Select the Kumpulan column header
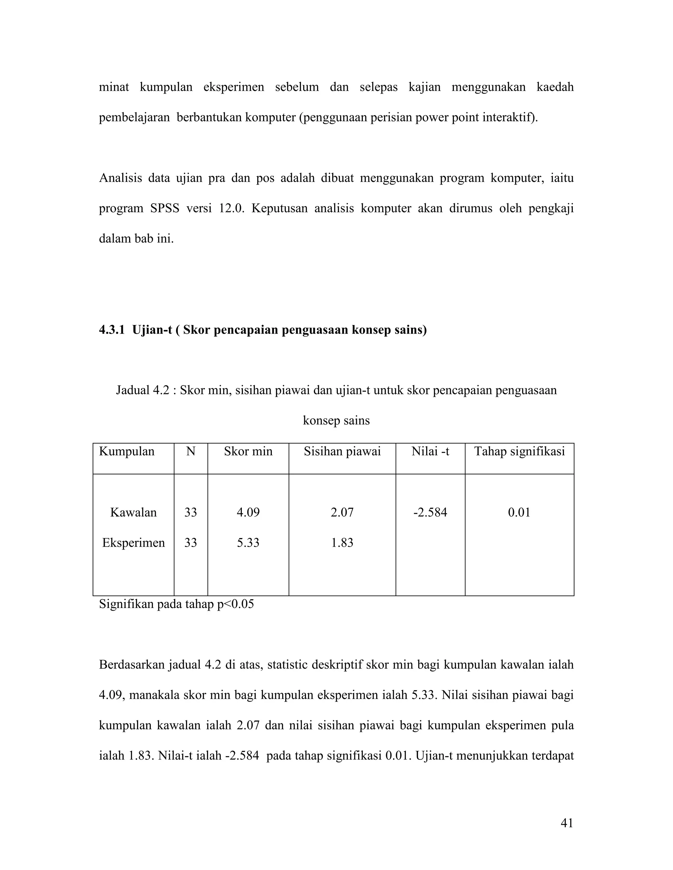pos(127,451)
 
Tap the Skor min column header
pos(248,451)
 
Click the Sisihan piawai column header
pos(342,451)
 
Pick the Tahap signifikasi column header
pos(519,451)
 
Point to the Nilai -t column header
pos(430,451)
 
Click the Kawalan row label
pos(133,512)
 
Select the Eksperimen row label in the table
pos(133,543)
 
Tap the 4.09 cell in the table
pos(248,512)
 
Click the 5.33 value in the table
pos(248,543)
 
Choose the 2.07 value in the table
pos(342,512)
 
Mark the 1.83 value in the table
pos(342,543)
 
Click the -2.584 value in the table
pos(430,512)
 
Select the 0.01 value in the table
pos(519,512)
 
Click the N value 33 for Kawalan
pos(191,512)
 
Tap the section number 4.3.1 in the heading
pos(112,330)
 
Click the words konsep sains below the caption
pos(336,421)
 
